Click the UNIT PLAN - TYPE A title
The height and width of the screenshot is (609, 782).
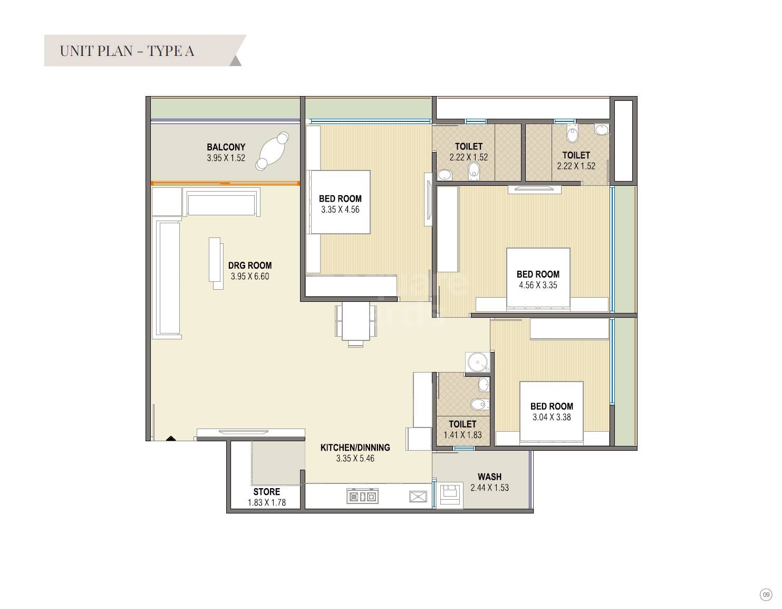pyautogui.click(x=127, y=51)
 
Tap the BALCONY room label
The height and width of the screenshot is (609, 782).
pyautogui.click(x=226, y=147)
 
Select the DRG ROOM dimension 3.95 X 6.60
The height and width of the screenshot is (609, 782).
pyautogui.click(x=249, y=277)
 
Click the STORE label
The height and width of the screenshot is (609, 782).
pyautogui.click(x=266, y=491)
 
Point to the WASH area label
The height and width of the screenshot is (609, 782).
pyautogui.click(x=489, y=477)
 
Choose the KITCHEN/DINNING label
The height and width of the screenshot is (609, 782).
pyautogui.click(x=355, y=448)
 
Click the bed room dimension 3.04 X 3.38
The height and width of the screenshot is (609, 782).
pyautogui.click(x=552, y=417)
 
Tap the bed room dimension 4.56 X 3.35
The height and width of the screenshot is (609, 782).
pyautogui.click(x=538, y=285)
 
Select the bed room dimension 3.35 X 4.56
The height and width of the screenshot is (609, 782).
pyautogui.click(x=340, y=210)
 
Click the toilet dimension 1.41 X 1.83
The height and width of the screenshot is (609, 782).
pyautogui.click(x=462, y=435)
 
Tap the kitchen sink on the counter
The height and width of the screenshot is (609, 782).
pyautogui.click(x=418, y=497)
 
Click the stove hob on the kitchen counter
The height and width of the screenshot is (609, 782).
pyautogui.click(x=362, y=497)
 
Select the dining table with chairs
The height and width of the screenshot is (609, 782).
pyautogui.click(x=356, y=321)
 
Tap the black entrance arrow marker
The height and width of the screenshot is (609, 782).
pyautogui.click(x=171, y=437)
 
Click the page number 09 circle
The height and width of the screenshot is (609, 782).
pyautogui.click(x=766, y=594)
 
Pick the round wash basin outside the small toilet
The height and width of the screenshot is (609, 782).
pyautogui.click(x=478, y=363)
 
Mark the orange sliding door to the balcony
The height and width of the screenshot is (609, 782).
pyautogui.click(x=225, y=184)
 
